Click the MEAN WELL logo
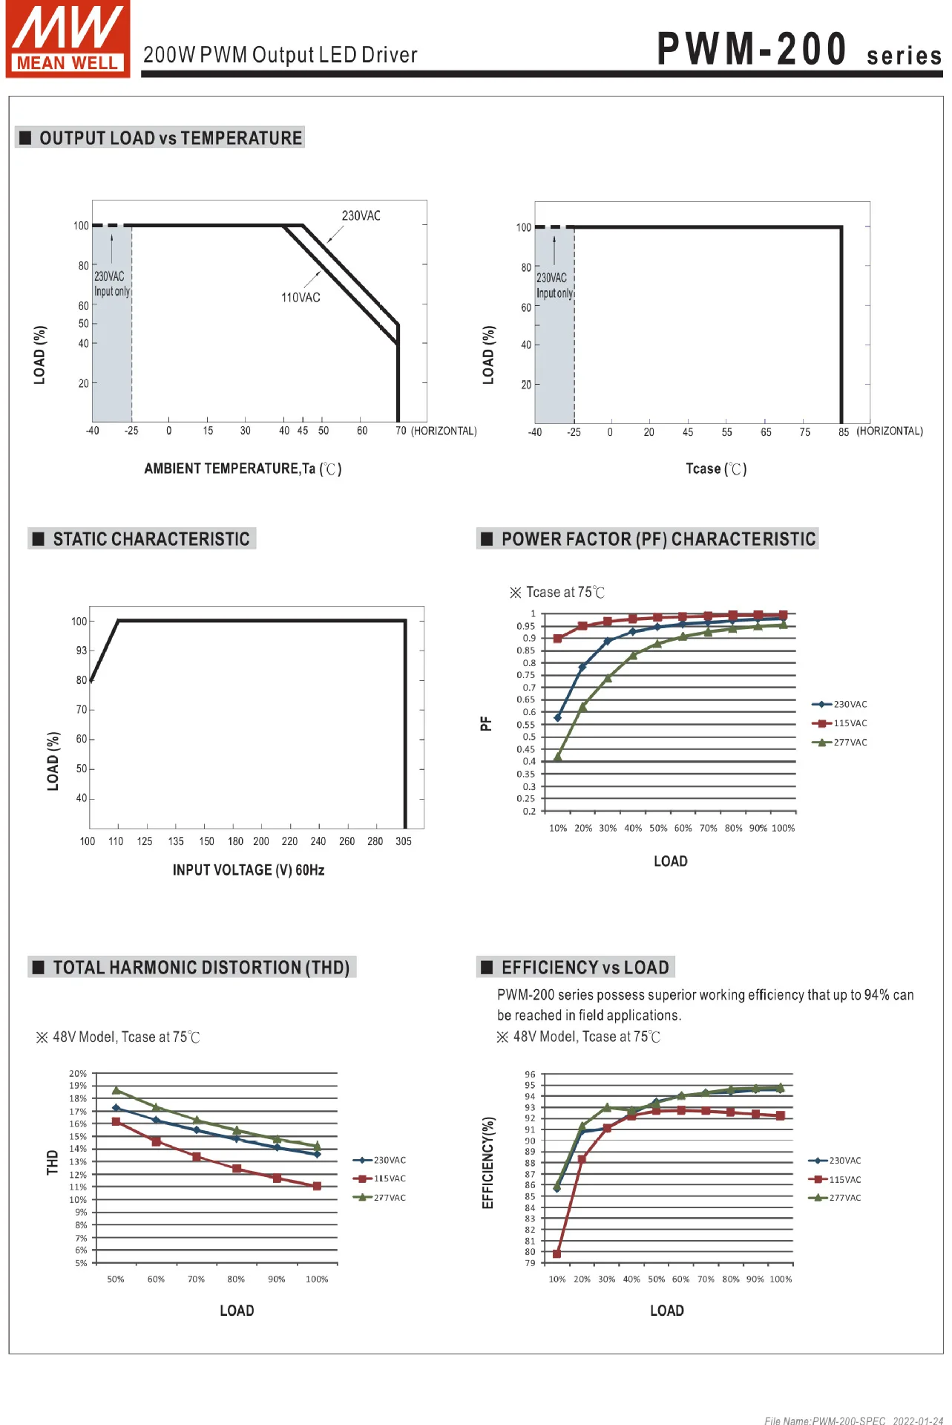(x=68, y=39)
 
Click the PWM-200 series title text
(x=798, y=50)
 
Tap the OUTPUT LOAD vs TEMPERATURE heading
(x=170, y=138)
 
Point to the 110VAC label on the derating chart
(x=301, y=298)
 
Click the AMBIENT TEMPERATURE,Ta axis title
(x=243, y=469)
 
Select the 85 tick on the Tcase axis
(x=844, y=432)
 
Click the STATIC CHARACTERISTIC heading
(x=151, y=539)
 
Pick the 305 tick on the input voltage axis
(x=404, y=841)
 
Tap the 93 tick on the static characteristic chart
(x=81, y=650)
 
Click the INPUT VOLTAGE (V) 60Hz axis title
(x=249, y=870)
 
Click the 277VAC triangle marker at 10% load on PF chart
(x=558, y=757)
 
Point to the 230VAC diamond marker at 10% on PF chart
(x=558, y=717)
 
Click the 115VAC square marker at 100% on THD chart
(x=317, y=1186)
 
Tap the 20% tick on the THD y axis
(x=78, y=1074)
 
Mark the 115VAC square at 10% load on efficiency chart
(x=557, y=1253)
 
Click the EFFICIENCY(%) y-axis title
(x=488, y=1162)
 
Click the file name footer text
(x=853, y=1421)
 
